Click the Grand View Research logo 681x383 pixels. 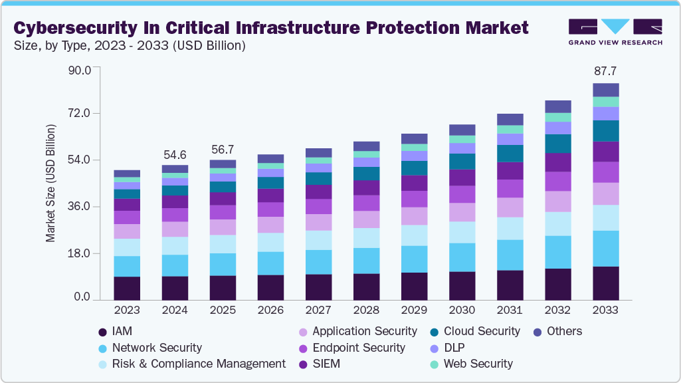(615, 31)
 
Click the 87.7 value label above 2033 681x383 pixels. (605, 70)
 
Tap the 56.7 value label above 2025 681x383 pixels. (223, 148)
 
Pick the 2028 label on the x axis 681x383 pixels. (366, 311)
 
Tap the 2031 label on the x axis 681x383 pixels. (510, 311)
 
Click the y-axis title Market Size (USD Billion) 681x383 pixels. (50, 182)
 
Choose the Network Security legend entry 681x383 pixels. (157, 348)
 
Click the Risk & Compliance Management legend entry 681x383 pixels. (199, 364)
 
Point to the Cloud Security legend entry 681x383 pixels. (482, 331)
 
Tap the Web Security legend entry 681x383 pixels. (478, 364)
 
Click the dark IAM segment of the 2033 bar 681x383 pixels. (605, 283)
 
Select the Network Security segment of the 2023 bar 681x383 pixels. (127, 266)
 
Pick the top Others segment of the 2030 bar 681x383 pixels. (462, 130)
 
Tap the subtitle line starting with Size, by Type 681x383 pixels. (130, 46)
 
